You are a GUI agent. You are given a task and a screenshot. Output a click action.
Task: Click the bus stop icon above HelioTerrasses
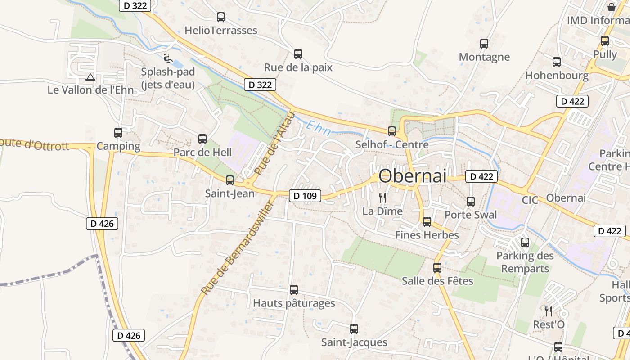[x=221, y=17]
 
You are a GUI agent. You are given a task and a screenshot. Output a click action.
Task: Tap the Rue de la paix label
[x=298, y=67]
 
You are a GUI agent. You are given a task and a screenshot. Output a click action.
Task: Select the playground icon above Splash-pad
[x=167, y=58]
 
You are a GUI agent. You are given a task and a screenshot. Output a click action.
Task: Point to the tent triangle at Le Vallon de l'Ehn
[x=90, y=77]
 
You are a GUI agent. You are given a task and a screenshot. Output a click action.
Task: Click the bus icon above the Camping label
[x=118, y=133]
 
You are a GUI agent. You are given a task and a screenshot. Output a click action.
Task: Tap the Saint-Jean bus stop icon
[x=230, y=180]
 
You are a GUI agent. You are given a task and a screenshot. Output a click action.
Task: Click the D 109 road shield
[x=305, y=196]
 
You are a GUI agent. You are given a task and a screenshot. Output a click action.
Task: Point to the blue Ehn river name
[x=319, y=128]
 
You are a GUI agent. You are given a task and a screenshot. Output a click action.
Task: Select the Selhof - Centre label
[x=392, y=145]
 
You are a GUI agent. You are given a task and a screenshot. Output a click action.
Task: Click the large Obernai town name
[x=413, y=176]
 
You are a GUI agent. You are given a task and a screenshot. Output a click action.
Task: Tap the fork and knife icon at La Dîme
[x=382, y=198]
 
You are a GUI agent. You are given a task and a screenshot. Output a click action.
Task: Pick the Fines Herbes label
[x=427, y=235]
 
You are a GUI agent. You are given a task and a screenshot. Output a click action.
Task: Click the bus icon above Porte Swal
[x=471, y=202]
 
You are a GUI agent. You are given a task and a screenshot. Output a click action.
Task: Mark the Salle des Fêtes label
[x=437, y=281]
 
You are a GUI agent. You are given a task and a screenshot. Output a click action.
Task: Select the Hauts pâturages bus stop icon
[x=294, y=290]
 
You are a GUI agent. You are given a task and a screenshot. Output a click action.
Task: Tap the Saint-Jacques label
[x=354, y=342]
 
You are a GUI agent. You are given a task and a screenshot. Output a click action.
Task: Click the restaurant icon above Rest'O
[x=549, y=311]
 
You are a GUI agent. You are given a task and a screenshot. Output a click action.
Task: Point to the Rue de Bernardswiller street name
[x=238, y=248]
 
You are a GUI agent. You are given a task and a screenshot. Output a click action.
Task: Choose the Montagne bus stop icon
[x=484, y=44]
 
